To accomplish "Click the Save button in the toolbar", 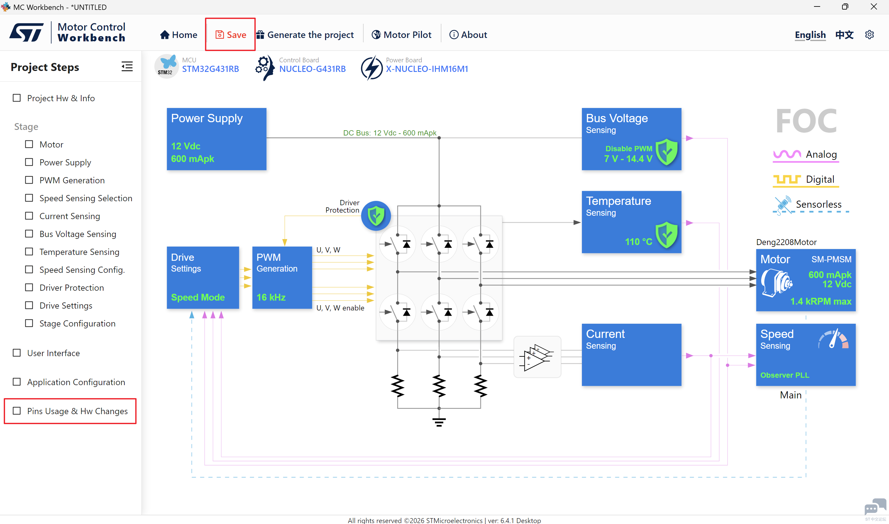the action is pos(231,35).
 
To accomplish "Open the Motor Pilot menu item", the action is pos(401,35).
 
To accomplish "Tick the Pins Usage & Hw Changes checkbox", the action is pos(17,411).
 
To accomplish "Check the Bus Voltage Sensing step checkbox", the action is pos(29,234).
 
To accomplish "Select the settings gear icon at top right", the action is pos(869,35).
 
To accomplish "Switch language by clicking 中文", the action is pos(844,35).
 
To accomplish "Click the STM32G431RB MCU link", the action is pos(211,69).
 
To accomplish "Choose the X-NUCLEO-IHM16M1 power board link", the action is pos(427,69).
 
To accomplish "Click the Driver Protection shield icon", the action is pos(376,216).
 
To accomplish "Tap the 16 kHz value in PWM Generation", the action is pos(271,297).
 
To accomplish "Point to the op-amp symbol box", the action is pos(537,357).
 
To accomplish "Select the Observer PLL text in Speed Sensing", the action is pos(784,375).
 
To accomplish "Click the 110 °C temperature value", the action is pos(639,242).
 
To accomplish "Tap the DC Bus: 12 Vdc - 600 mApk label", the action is pos(390,133).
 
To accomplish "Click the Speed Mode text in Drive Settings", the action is pos(198,297).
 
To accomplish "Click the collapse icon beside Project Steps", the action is pos(127,66).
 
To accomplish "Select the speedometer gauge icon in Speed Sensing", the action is pos(833,339).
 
